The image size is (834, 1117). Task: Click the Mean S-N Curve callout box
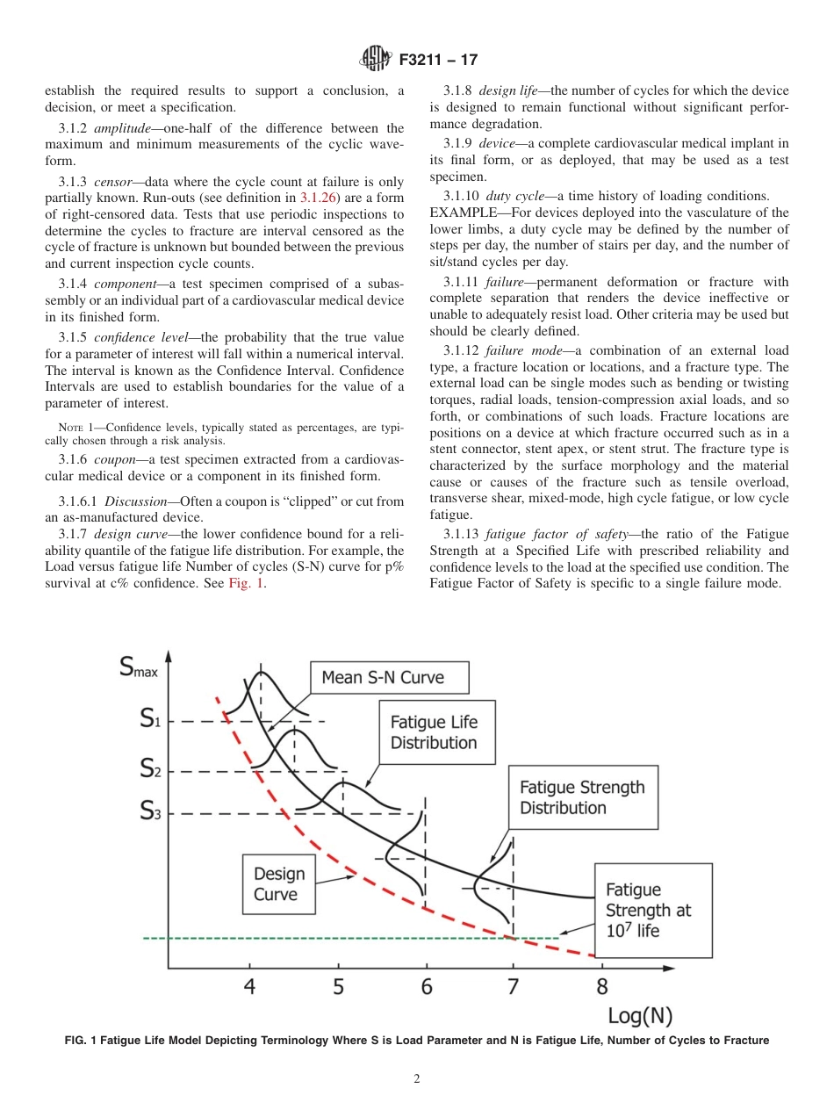(389, 677)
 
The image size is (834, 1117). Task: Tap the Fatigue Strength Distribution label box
(582, 797)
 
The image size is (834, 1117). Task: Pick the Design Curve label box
(280, 884)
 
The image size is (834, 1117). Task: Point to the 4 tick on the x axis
(250, 988)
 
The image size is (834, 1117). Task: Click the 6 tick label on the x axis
(426, 988)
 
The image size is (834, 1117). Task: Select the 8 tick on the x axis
(601, 988)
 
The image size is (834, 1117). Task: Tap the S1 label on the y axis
(150, 720)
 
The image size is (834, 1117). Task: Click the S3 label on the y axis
(150, 812)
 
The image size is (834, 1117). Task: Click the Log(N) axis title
(640, 1016)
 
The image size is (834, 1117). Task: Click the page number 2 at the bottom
(417, 1079)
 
